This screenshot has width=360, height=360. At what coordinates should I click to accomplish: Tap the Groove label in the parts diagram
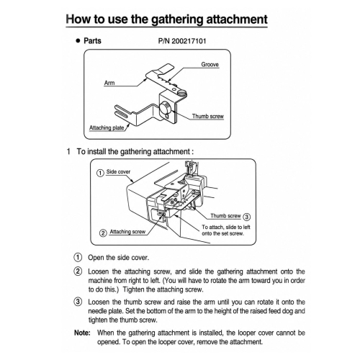point(210,65)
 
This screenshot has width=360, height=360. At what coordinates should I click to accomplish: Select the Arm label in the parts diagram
point(109,83)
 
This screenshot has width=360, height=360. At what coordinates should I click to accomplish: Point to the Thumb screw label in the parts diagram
point(208,116)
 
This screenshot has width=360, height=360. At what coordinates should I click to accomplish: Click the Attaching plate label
point(107,127)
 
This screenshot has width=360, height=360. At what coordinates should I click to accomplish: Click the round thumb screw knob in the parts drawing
point(165,107)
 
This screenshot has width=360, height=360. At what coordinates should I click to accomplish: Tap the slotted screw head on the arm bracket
point(182,92)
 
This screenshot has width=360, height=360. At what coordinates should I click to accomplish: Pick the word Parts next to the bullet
point(92,41)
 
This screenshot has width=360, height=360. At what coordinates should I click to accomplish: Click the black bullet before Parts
point(78,41)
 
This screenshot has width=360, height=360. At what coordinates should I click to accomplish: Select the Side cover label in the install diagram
point(118,172)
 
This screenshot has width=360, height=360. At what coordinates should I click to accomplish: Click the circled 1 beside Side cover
point(100,173)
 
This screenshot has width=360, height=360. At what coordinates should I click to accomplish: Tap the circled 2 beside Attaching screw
point(103,233)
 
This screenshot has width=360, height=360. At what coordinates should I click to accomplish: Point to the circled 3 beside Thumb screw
point(246,217)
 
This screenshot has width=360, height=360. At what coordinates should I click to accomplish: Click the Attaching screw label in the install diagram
point(127,232)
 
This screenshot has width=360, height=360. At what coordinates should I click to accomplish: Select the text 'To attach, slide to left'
point(226,227)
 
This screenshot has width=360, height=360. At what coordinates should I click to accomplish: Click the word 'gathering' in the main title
point(177,19)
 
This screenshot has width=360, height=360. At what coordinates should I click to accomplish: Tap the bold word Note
point(82,333)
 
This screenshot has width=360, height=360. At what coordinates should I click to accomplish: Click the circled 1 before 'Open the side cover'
point(78,258)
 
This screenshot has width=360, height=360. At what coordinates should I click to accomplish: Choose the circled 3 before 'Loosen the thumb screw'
point(78,302)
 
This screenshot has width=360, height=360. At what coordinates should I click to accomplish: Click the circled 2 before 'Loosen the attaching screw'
point(78,271)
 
